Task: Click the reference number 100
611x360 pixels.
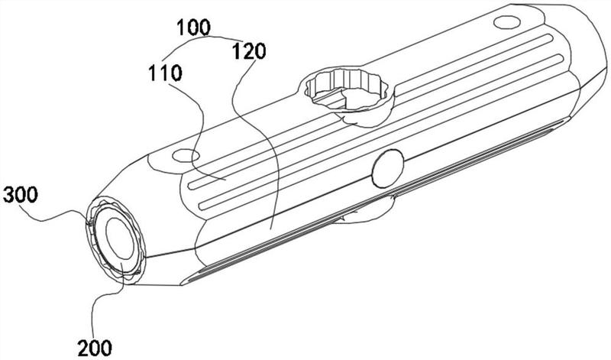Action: (194, 28)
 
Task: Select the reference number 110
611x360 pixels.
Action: (165, 73)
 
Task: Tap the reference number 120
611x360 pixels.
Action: (249, 51)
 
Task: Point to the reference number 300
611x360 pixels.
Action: (21, 195)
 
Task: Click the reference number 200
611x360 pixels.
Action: (95, 347)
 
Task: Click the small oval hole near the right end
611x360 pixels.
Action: (507, 22)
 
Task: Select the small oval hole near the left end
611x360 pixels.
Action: (186, 156)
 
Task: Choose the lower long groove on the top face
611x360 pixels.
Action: (381, 132)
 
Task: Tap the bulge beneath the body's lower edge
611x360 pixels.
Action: (367, 211)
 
